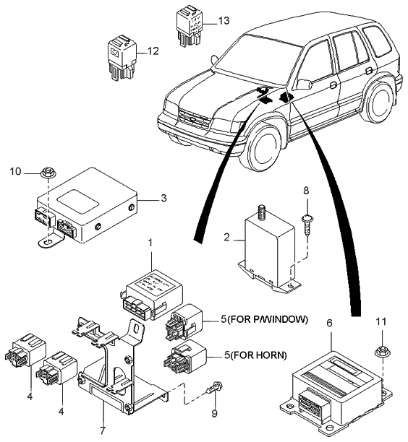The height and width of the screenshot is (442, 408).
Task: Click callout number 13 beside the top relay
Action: coord(224,20)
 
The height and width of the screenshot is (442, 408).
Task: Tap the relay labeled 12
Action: coord(122,58)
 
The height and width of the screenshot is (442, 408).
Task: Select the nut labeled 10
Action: coord(48,173)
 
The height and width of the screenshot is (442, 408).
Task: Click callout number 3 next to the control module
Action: coord(163,198)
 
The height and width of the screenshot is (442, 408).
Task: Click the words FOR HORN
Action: coord(259,355)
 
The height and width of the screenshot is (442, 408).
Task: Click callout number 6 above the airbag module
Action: coord(329,323)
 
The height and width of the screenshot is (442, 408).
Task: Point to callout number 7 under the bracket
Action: coord(102,430)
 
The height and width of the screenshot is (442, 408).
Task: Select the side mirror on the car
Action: coord(304,84)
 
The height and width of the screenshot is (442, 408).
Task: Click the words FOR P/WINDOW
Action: coord(268,319)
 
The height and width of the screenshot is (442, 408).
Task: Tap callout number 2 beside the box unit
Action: coord(226,238)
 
